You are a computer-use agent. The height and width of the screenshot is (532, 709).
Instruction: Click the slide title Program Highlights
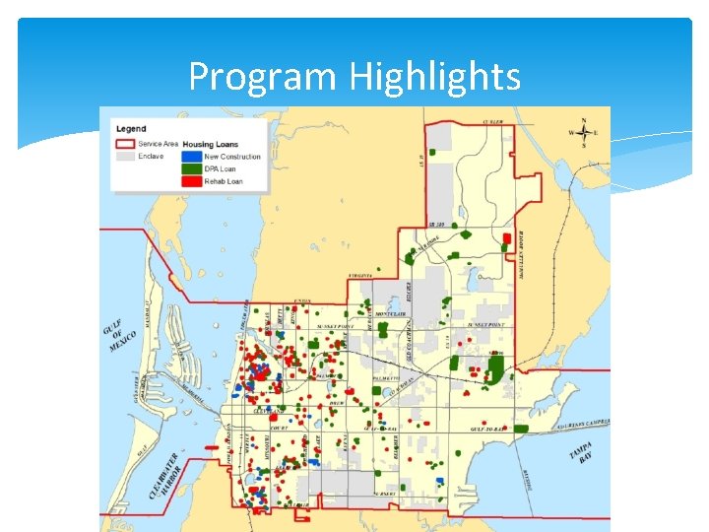click(x=354, y=76)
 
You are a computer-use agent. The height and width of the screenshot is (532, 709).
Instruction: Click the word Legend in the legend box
click(x=131, y=129)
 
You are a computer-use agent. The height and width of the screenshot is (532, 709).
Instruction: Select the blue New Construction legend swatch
click(x=191, y=157)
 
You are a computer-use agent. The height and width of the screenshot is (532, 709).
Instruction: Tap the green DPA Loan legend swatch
click(x=191, y=168)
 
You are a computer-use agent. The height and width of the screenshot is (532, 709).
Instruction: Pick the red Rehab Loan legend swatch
click(x=191, y=181)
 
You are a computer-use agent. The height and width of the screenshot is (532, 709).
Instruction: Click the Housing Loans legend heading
click(x=212, y=144)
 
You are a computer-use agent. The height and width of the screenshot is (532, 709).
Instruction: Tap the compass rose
click(x=584, y=132)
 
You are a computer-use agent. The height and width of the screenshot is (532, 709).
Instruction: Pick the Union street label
click(x=302, y=300)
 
